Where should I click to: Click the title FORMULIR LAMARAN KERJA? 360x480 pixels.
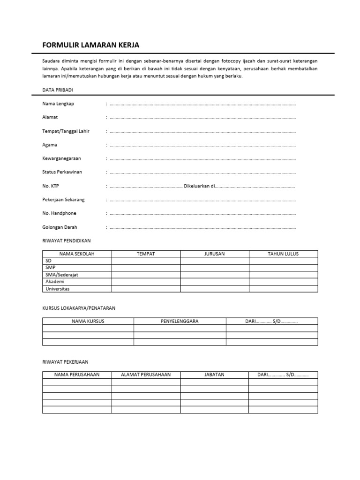91,45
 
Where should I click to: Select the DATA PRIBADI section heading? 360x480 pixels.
58,90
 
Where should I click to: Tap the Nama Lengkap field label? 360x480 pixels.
58,104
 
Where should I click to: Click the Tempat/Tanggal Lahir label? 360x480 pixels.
66,131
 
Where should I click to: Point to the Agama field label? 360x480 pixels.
50,145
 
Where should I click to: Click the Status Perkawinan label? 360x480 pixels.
62,172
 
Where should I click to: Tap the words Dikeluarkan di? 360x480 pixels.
199,186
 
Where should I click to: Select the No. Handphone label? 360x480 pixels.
59,213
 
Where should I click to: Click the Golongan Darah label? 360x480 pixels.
60,227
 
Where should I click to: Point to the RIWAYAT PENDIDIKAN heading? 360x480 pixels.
67,240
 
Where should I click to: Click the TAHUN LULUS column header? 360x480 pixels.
283,254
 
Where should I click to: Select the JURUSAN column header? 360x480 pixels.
214,254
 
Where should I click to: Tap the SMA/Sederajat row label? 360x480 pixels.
61,275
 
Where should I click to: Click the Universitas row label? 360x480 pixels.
57,289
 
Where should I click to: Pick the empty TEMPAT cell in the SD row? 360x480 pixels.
146,261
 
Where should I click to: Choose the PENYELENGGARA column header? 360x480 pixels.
180,321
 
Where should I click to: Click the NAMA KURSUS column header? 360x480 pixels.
88,321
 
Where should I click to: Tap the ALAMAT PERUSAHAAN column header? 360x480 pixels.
146,375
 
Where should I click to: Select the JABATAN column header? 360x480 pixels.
214,375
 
